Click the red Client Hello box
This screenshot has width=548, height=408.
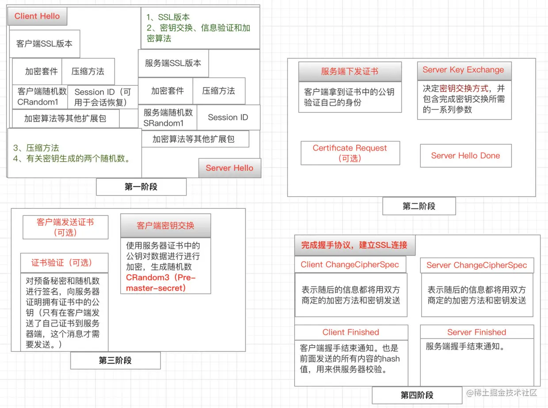[37, 16]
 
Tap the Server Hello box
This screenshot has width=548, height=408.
[229, 168]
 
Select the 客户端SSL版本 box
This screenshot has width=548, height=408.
[44, 44]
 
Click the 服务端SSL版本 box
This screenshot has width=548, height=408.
[173, 63]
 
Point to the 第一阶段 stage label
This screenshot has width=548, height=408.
[141, 187]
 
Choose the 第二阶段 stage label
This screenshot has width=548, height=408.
[419, 206]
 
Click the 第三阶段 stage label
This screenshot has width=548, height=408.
[115, 361]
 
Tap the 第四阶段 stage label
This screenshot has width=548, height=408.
[417, 395]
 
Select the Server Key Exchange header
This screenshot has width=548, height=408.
[463, 70]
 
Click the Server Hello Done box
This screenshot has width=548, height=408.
[465, 156]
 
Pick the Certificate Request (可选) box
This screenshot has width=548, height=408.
[350, 153]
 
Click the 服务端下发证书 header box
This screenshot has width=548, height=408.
[350, 72]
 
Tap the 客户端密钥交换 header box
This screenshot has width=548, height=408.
[165, 226]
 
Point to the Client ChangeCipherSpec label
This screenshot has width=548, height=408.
[350, 265]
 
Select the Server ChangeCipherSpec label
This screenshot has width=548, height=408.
[476, 266]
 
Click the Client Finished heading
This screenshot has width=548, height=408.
[351, 332]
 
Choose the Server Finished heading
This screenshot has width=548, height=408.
[476, 332]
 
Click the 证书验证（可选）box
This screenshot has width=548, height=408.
[64, 263]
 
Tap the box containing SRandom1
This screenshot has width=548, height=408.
[168, 118]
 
